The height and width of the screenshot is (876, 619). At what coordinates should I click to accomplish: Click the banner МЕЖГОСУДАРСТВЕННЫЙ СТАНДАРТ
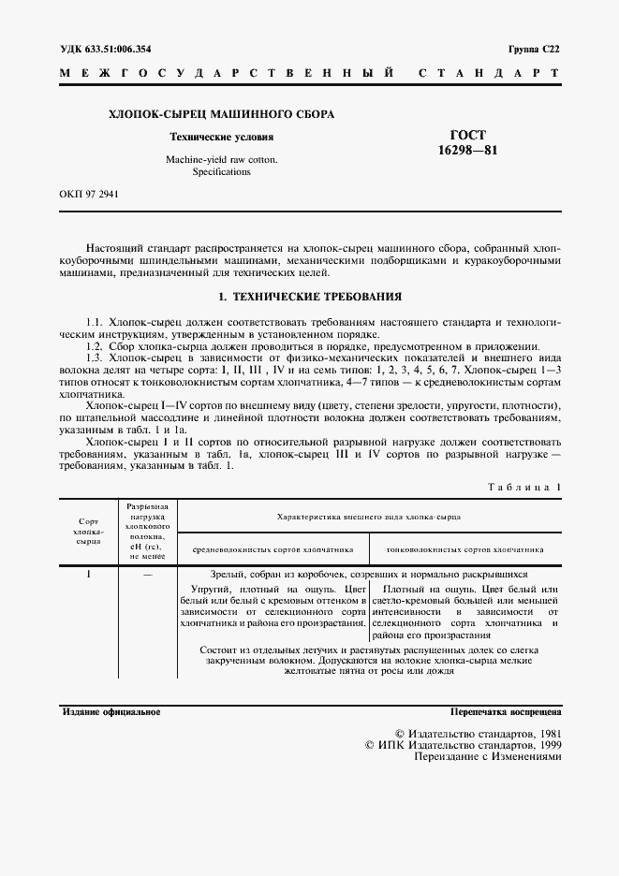(x=309, y=73)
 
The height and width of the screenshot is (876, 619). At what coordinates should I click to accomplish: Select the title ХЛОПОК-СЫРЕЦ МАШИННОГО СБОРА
(x=222, y=114)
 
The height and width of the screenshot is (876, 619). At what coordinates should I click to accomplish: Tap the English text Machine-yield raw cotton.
(x=221, y=160)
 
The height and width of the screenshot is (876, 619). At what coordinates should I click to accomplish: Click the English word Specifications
(x=221, y=172)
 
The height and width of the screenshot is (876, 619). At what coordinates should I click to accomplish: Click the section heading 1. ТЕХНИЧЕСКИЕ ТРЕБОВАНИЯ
(x=309, y=297)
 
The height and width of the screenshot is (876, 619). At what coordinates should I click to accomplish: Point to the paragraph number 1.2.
(x=95, y=346)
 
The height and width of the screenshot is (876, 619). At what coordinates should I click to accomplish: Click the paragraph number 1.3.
(x=95, y=358)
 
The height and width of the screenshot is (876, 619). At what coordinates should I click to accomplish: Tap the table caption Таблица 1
(x=524, y=488)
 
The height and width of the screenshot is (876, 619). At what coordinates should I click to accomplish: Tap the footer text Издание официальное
(x=111, y=712)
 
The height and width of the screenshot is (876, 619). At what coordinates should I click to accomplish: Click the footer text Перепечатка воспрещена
(x=505, y=712)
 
